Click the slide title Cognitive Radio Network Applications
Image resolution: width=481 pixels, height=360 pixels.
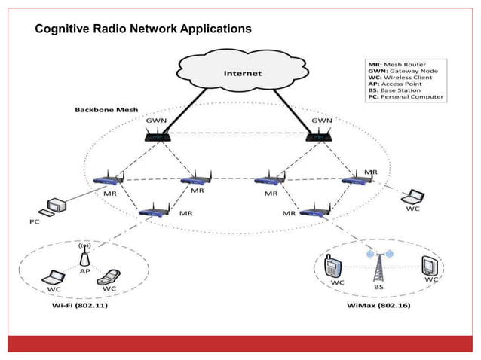143,29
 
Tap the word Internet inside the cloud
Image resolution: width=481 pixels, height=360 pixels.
242,73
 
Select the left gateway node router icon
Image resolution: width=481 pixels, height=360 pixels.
159,136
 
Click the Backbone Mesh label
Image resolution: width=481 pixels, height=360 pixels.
106,109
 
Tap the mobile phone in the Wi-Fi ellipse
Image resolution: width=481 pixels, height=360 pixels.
111,276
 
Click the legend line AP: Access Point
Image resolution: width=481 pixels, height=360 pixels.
393,80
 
